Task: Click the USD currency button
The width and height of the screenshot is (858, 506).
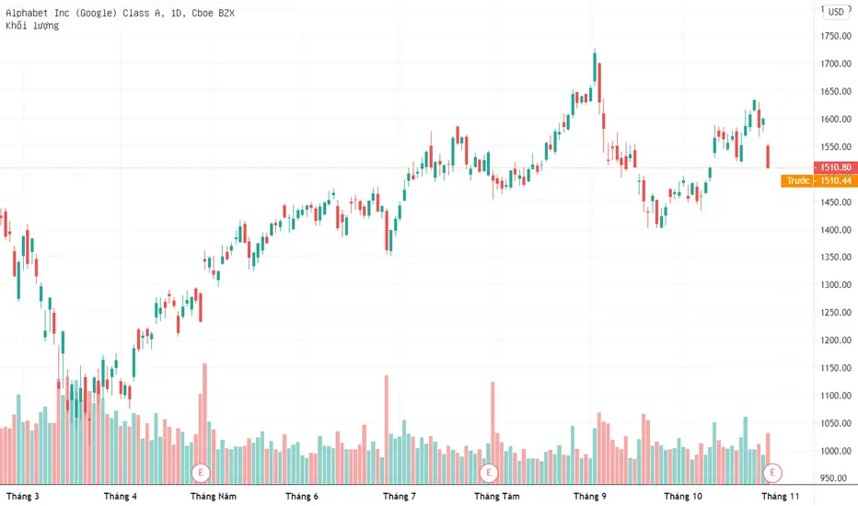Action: point(836,11)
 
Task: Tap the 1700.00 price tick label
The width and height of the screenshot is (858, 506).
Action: point(836,63)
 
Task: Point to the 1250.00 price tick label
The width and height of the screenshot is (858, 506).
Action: point(836,313)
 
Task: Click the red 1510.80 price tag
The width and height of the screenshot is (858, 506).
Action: point(836,167)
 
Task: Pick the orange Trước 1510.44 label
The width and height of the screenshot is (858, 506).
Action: point(819,181)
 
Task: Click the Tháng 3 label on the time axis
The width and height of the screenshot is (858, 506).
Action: point(22,496)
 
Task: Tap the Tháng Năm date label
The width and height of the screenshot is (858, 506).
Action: point(214,496)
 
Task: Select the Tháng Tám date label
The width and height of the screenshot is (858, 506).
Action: point(497,496)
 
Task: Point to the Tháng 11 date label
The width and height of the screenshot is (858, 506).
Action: point(781,496)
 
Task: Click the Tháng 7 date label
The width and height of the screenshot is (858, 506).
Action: point(400,496)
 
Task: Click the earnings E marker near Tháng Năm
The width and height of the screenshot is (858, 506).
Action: point(201,472)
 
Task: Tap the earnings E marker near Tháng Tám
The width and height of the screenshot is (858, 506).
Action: point(489,472)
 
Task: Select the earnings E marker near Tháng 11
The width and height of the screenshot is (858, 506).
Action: point(772,472)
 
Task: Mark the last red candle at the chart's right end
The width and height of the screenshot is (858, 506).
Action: point(769,156)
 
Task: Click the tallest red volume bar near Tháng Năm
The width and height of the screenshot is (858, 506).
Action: point(205,423)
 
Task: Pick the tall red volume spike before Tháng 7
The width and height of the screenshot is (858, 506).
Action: point(387,430)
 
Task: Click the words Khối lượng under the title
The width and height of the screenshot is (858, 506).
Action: point(32,26)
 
